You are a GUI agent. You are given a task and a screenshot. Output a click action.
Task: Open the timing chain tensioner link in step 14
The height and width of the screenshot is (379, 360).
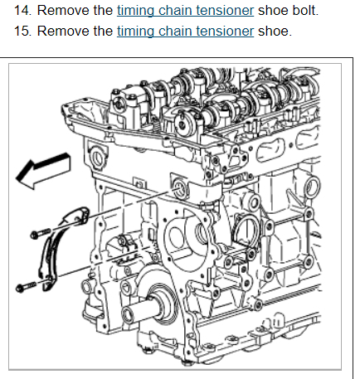[x=185, y=11]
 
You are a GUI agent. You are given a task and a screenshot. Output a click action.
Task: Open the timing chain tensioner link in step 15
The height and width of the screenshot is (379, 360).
[x=185, y=31]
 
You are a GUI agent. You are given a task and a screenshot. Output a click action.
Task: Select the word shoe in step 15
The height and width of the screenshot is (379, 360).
[x=275, y=31]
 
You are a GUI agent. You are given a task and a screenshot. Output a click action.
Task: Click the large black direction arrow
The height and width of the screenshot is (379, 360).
[x=43, y=171]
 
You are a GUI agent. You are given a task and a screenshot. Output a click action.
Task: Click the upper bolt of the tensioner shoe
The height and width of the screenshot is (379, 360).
[x=40, y=233]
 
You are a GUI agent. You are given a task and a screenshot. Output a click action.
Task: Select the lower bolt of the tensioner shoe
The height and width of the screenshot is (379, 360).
[x=27, y=287]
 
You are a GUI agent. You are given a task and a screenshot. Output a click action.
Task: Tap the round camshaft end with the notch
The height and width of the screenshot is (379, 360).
[x=182, y=124]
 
